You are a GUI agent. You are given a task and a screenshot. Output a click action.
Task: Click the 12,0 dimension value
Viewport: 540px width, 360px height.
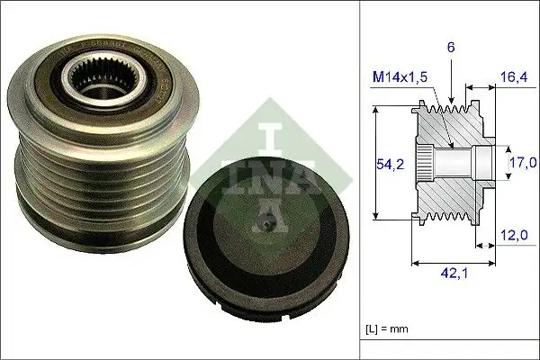pyautogui.click(x=513, y=236)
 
